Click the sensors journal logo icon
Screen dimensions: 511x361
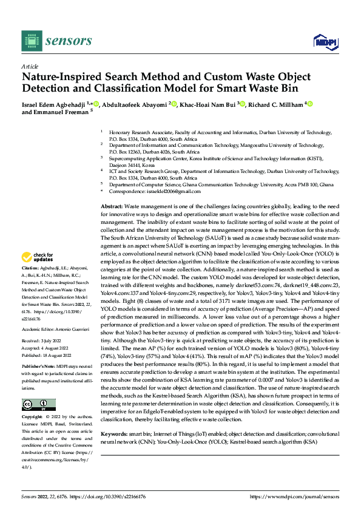pos(30,41)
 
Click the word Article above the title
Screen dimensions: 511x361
pos(29,66)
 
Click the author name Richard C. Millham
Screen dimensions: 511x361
pos(275,104)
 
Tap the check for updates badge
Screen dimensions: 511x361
pos(39,257)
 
